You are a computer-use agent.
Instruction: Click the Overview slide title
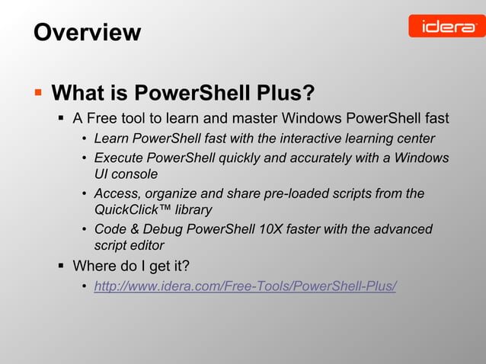87,32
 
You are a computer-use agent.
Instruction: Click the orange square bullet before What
37,93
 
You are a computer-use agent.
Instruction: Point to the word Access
117,193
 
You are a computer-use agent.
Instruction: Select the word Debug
168,229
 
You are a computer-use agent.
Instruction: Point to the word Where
93,266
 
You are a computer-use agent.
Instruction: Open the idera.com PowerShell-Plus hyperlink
245,286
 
